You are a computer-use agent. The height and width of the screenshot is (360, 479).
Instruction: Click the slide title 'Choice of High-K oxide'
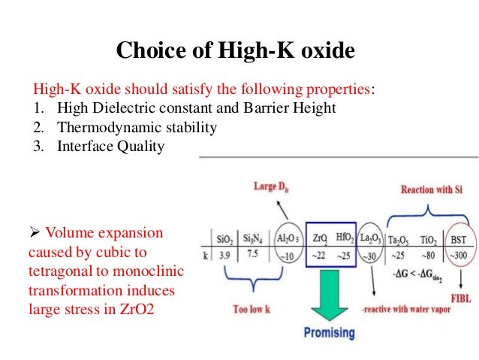point(235,50)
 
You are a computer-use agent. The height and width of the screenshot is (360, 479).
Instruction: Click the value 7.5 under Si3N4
point(253,256)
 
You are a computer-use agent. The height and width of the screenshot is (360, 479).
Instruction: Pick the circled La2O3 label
point(370,239)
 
